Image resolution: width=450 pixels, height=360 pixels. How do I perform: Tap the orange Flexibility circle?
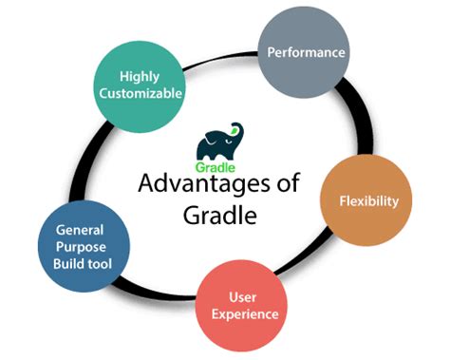376,200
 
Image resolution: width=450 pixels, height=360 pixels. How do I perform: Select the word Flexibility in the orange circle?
376,201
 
